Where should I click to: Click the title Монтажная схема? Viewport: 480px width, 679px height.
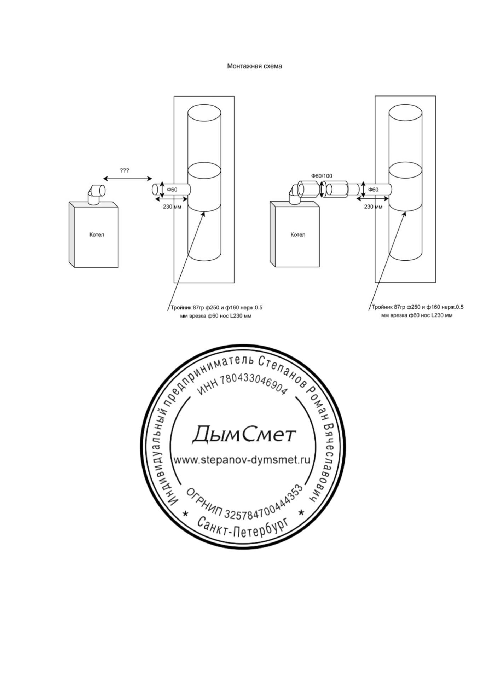click(254, 66)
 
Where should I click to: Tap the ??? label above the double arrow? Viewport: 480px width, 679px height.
click(125, 170)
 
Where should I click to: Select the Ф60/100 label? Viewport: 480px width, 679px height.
click(322, 176)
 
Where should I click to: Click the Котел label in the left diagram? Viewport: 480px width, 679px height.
click(97, 234)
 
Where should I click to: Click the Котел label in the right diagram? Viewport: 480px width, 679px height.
click(298, 234)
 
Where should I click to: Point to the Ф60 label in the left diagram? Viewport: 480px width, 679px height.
click(172, 190)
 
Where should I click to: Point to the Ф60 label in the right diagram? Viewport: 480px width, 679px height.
click(373, 190)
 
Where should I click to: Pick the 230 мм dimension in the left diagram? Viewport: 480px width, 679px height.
click(172, 207)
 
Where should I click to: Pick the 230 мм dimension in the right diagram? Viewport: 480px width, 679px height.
click(373, 207)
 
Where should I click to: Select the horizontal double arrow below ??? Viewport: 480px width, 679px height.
click(127, 179)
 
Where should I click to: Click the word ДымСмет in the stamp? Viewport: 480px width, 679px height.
click(244, 434)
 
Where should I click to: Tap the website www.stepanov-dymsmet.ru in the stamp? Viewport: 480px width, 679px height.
click(242, 460)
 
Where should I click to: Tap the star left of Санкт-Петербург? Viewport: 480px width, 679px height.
click(185, 513)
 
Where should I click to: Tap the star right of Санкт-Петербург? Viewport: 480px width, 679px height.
click(301, 512)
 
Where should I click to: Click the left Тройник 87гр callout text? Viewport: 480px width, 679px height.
click(216, 312)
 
